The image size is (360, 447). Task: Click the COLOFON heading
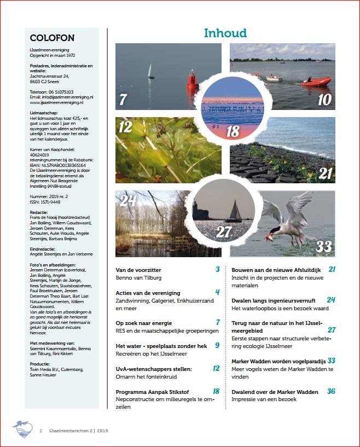[x=52, y=38]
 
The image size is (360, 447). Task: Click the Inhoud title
[x=225, y=33]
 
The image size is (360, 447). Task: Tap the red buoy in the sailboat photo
[x=191, y=80]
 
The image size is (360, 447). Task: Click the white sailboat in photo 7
[x=150, y=72]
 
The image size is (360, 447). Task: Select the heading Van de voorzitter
[x=139, y=270]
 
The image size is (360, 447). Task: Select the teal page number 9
[x=217, y=345]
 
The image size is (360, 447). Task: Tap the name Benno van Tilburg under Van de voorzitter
[x=139, y=278]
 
